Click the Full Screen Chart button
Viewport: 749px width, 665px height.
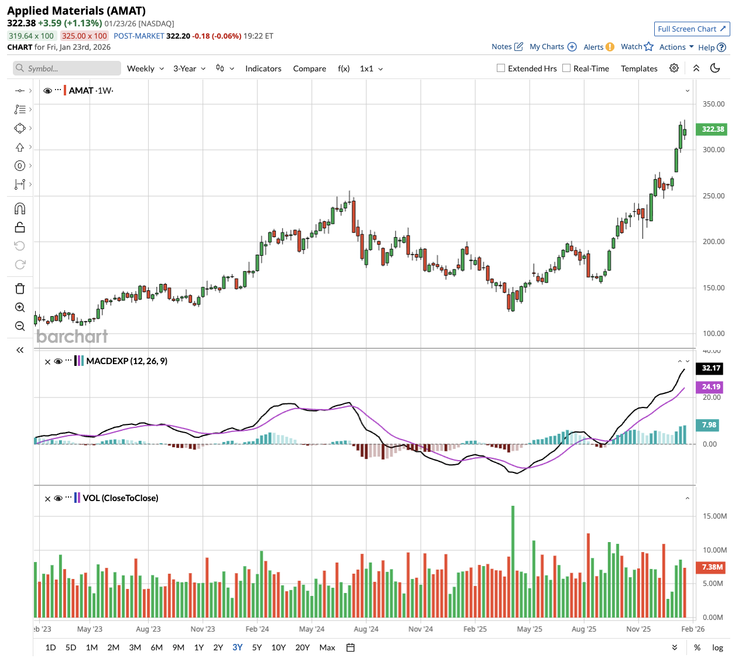click(x=692, y=29)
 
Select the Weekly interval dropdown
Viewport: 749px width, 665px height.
click(x=145, y=68)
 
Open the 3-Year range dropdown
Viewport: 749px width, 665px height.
click(x=189, y=68)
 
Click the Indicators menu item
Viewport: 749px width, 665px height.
click(x=263, y=68)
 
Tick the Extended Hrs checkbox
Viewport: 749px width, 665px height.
click(x=501, y=68)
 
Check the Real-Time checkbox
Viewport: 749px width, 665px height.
click(x=566, y=68)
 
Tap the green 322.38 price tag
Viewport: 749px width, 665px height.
click(x=713, y=129)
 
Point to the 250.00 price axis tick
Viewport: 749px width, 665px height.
click(x=713, y=196)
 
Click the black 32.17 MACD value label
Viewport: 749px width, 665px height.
click(x=711, y=368)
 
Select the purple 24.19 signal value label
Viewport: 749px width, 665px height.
click(x=711, y=387)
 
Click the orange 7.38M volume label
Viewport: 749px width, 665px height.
click(x=712, y=567)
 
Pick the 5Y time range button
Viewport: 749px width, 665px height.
click(x=257, y=647)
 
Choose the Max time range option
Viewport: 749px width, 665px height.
click(x=327, y=647)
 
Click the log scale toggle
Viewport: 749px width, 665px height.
click(x=717, y=647)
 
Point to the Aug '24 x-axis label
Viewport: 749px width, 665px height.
click(x=366, y=629)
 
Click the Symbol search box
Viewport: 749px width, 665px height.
click(x=67, y=68)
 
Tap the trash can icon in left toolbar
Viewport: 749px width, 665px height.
click(x=20, y=289)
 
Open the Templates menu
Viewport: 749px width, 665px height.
click(x=639, y=68)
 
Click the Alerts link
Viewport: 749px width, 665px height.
click(x=593, y=47)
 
